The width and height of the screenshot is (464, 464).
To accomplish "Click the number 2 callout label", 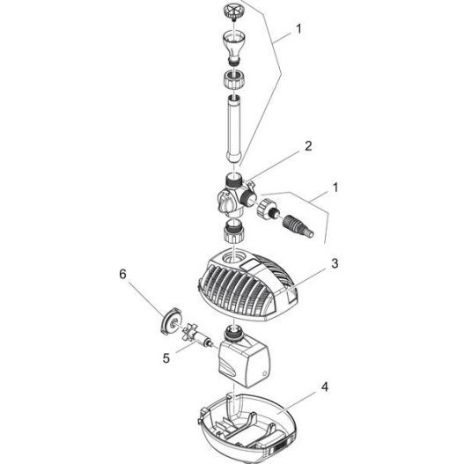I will tap(307, 147).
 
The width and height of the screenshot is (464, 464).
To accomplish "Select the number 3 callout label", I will tap(335, 261).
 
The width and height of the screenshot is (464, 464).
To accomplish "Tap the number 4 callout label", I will tap(325, 386).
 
